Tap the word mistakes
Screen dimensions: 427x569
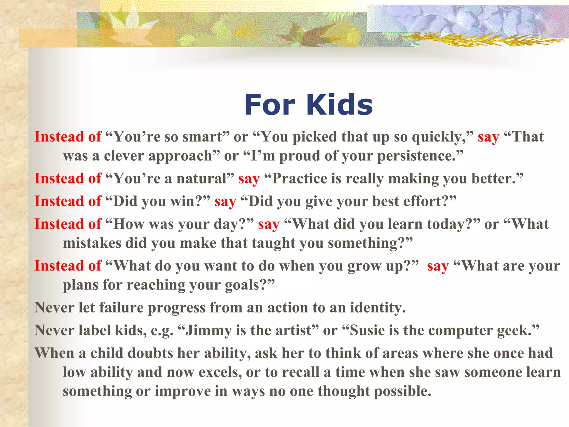coord(92,243)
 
